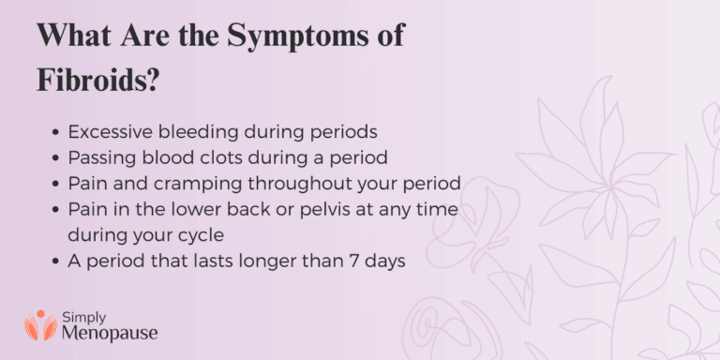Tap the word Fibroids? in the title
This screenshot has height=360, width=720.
97,78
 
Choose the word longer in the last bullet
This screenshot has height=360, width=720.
279,262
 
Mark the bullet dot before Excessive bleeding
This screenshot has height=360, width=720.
59,132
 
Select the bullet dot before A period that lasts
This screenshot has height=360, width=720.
59,262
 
